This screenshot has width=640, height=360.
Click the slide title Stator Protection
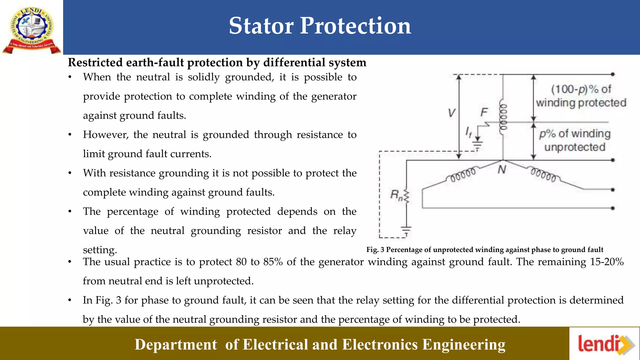pos(320,26)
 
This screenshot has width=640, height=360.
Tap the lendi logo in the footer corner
pos(605,344)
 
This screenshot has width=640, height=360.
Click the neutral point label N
pos(502,170)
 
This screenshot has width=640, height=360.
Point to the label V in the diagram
pos(451,113)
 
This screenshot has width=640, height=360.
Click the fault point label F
pos(484,112)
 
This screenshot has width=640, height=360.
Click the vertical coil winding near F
pos(503,117)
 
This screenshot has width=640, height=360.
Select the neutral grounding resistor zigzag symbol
pos(407,197)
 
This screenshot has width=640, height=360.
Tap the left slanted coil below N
pos(462,174)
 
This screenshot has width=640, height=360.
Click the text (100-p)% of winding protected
pos(581,96)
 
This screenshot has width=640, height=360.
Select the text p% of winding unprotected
pos(575,140)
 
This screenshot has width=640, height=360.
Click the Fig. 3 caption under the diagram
pos(485,250)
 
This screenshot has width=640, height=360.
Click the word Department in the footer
pos(176,345)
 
